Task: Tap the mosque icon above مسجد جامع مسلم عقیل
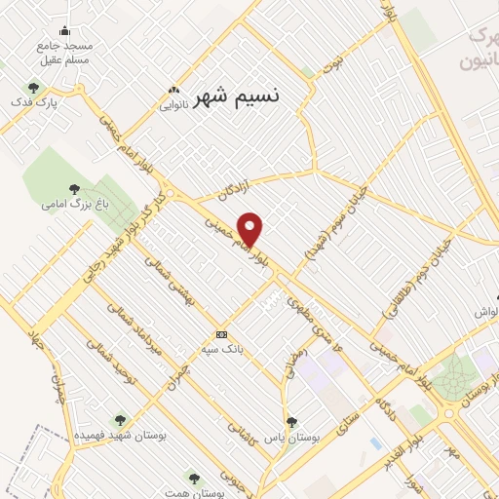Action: point(64,31)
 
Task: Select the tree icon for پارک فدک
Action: point(33,87)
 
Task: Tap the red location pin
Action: point(250,229)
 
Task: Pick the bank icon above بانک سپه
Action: point(221,332)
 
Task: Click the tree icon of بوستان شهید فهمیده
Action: point(121,420)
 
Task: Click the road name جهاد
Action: point(38,341)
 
